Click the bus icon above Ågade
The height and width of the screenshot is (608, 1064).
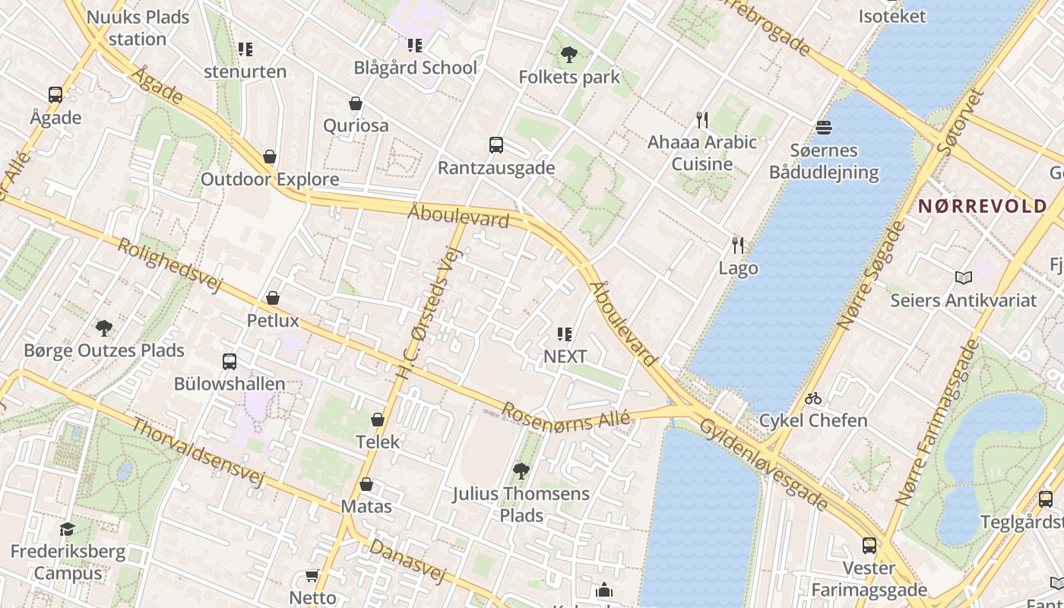click(x=55, y=95)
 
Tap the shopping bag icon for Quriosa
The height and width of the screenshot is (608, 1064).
click(x=355, y=103)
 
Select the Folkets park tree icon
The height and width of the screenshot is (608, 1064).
click(x=568, y=55)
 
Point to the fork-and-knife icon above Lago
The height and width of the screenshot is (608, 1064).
click(x=737, y=245)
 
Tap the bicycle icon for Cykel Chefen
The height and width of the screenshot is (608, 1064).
click(x=813, y=398)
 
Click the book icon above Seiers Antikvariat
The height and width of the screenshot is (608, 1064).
click(x=964, y=278)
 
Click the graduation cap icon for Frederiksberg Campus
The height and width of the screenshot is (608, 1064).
click(x=68, y=529)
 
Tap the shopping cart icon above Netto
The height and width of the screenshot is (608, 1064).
click(x=312, y=575)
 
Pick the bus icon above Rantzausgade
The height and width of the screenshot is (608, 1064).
click(x=496, y=145)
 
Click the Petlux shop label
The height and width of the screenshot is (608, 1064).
click(x=273, y=321)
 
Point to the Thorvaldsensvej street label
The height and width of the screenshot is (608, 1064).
click(x=198, y=451)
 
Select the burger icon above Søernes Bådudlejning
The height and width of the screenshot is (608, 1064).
click(x=824, y=127)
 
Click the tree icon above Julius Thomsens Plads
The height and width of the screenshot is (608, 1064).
click(x=521, y=471)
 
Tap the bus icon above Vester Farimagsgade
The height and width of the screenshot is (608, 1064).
click(x=869, y=546)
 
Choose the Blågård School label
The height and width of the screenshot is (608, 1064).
click(x=416, y=68)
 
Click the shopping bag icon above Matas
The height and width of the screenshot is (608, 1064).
click(x=366, y=484)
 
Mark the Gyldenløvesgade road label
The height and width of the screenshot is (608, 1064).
click(x=764, y=464)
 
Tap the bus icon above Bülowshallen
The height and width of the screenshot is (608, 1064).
click(x=230, y=362)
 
